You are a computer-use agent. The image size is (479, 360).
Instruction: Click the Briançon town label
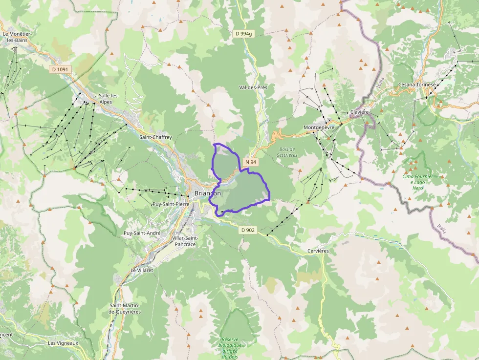[x=207, y=193]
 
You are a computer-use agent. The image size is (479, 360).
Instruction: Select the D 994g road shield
[x=243, y=34]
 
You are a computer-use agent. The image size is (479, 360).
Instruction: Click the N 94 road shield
[x=251, y=162]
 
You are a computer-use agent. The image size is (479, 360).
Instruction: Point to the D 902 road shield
[x=248, y=230]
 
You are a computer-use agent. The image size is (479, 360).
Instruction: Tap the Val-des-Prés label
[x=253, y=87]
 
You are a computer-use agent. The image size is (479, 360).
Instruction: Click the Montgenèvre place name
[x=319, y=127]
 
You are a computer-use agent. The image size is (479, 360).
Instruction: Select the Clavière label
[x=359, y=112]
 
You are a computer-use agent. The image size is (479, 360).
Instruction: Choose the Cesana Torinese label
[x=417, y=84]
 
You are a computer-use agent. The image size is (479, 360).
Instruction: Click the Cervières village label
[x=318, y=251]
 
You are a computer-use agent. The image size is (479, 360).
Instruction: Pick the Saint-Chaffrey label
[x=155, y=137]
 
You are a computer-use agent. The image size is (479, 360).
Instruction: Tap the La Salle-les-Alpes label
[x=102, y=99]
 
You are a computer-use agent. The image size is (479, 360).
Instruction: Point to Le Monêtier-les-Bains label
[x=17, y=37]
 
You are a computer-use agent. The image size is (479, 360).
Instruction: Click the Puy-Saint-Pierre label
[x=171, y=204]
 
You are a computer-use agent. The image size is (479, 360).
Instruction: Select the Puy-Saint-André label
[x=142, y=233]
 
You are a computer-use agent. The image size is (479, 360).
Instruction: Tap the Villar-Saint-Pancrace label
[x=185, y=241]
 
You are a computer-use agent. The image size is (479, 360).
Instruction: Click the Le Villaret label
[x=142, y=270]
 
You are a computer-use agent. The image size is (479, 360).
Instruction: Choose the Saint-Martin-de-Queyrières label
[x=125, y=308]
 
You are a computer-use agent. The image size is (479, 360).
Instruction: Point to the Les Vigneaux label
[x=63, y=343]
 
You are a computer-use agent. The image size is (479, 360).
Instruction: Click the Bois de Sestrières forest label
[x=288, y=152]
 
